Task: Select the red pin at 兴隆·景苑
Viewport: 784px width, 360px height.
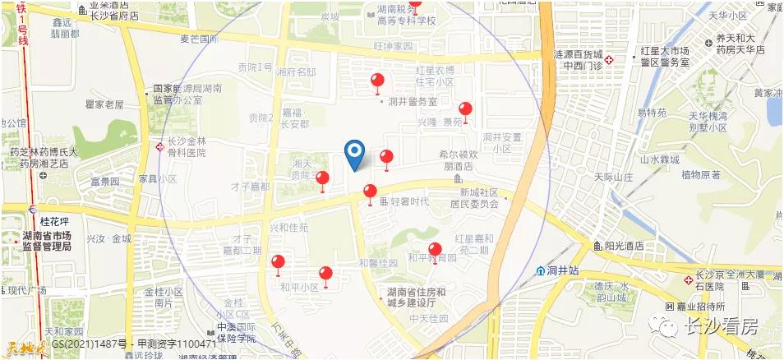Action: click(465, 110)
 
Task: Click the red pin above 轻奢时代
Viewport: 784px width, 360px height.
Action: click(371, 194)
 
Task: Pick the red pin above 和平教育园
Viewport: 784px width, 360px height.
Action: click(436, 250)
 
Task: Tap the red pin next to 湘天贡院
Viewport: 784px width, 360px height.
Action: click(323, 180)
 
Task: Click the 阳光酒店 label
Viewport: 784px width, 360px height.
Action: click(623, 246)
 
